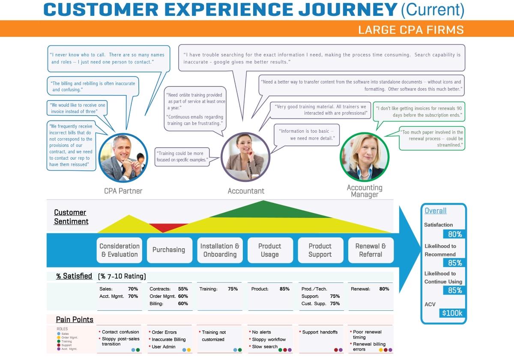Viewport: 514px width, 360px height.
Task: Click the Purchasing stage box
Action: click(x=169, y=250)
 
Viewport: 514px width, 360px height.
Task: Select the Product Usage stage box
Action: click(x=270, y=250)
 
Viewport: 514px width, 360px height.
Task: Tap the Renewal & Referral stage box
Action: click(x=371, y=250)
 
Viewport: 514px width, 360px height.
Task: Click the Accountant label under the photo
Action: click(x=246, y=191)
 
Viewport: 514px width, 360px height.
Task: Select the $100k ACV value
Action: click(x=452, y=313)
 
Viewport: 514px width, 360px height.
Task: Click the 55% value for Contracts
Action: click(x=183, y=289)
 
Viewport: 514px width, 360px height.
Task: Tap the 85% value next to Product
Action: click(x=284, y=289)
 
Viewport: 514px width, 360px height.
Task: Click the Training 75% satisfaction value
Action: click(x=233, y=289)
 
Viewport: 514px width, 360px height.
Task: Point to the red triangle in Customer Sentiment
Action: click(x=163, y=227)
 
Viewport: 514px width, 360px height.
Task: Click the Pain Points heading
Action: click(x=75, y=319)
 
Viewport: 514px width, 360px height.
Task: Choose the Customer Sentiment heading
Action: click(x=71, y=217)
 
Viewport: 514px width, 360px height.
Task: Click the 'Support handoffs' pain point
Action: click(x=320, y=332)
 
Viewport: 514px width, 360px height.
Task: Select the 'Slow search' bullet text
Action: click(x=265, y=347)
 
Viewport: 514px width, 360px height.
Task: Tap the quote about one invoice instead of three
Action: click(x=78, y=108)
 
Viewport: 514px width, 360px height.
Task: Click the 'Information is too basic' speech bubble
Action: click(x=307, y=134)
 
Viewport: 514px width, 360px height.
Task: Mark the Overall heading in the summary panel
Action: click(x=435, y=211)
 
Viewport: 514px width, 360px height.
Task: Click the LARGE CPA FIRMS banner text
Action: click(x=411, y=30)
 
